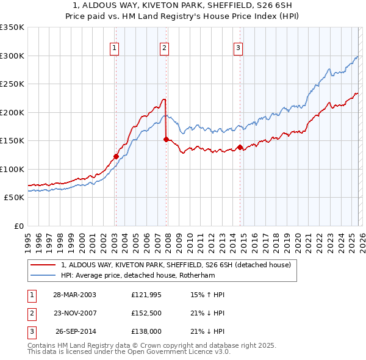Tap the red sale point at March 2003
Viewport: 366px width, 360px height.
116,156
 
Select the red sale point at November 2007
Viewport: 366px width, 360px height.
166,139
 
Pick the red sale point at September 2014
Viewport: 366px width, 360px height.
240,147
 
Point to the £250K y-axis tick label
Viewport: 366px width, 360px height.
12,84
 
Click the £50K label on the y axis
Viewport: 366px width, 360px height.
14,198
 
